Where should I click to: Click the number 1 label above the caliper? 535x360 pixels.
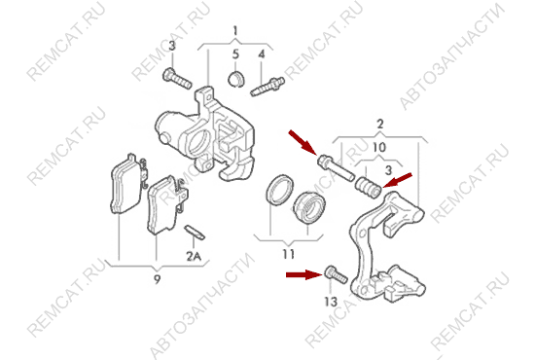pyautogui.click(x=235, y=31)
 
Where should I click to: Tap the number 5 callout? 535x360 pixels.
pyautogui.click(x=235, y=54)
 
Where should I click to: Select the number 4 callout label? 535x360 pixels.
pyautogui.click(x=262, y=54)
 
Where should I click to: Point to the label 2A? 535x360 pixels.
pyautogui.click(x=194, y=256)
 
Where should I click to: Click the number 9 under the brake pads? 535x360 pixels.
pyautogui.click(x=157, y=280)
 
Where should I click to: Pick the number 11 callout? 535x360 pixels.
pyautogui.click(x=288, y=254)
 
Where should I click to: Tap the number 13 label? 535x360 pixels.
pyautogui.click(x=331, y=302)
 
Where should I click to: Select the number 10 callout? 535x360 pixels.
pyautogui.click(x=379, y=148)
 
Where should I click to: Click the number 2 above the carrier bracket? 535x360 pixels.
pyautogui.click(x=380, y=124)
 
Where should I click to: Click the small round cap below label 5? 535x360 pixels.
pyautogui.click(x=235, y=79)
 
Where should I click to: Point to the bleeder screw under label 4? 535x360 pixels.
pyautogui.click(x=267, y=87)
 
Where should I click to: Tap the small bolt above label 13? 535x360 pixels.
pyautogui.click(x=337, y=274)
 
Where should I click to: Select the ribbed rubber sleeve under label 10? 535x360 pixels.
pyautogui.click(x=368, y=187)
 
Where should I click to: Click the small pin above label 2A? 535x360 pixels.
pyautogui.click(x=195, y=233)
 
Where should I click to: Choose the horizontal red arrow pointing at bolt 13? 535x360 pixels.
pyautogui.click(x=304, y=274)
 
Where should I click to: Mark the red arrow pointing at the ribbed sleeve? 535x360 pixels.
pyautogui.click(x=398, y=181)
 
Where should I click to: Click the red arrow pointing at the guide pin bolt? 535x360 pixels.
pyautogui.click(x=303, y=142)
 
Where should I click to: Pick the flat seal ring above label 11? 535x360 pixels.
pyautogui.click(x=279, y=190)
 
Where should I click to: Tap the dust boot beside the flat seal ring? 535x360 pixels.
pyautogui.click(x=309, y=208)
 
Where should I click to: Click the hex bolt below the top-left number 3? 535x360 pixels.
pyautogui.click(x=177, y=79)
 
